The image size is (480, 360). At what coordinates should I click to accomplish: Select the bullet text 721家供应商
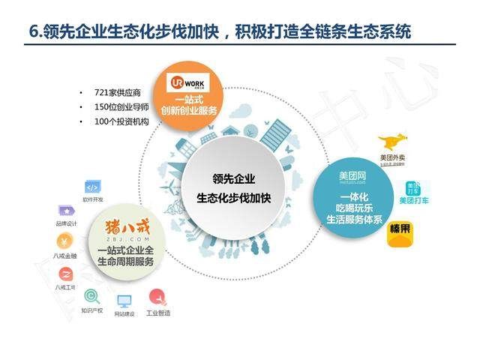click(116, 93)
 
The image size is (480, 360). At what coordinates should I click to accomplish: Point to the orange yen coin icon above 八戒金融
click(65, 241)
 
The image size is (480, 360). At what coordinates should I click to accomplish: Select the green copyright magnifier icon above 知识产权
click(92, 297)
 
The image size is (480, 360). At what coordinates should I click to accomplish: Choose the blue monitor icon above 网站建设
click(124, 301)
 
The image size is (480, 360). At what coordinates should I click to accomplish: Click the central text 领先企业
click(233, 179)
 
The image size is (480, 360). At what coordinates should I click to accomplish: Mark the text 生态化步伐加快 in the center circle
click(233, 199)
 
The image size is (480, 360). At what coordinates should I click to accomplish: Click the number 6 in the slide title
click(31, 32)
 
